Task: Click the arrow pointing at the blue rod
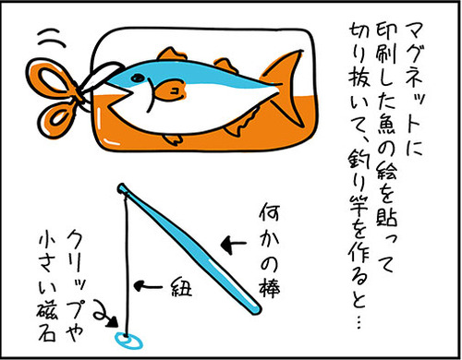(x=234, y=245)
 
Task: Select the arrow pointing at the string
(x=148, y=286)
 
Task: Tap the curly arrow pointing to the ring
(x=105, y=315)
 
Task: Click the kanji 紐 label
(x=181, y=287)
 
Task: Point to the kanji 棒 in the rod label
(x=269, y=288)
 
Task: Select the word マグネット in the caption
(x=414, y=76)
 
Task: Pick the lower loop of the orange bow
(x=57, y=120)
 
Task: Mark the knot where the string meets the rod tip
(x=124, y=191)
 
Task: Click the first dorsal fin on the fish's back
(x=172, y=54)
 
